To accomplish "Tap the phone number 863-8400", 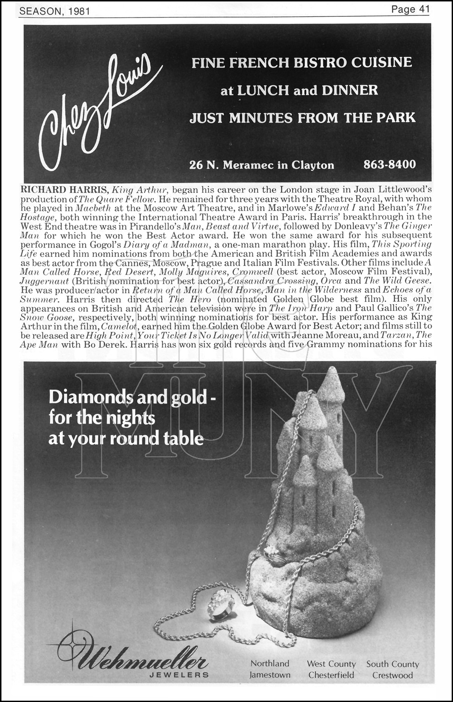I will (x=389, y=164).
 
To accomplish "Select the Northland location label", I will (x=270, y=663).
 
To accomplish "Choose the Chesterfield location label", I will (x=331, y=675).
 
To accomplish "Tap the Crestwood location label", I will (x=393, y=675).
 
